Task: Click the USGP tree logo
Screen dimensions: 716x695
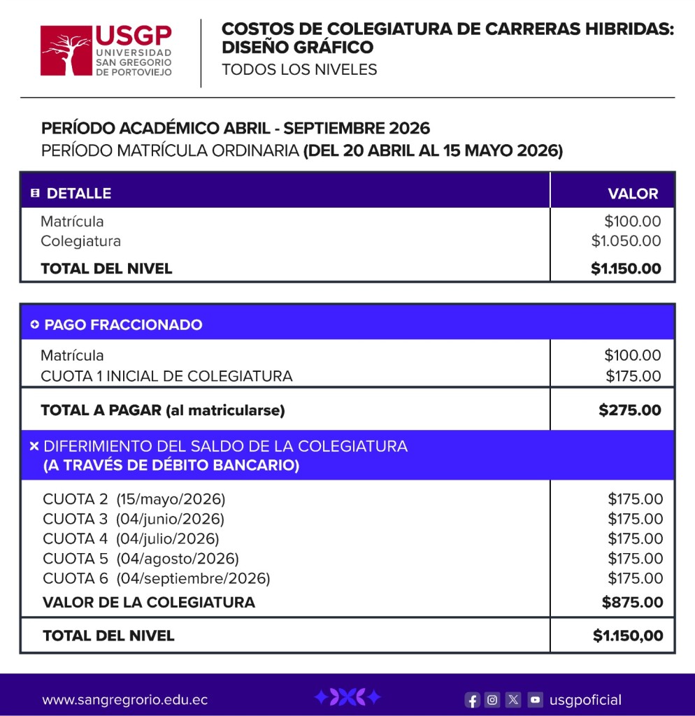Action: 66,51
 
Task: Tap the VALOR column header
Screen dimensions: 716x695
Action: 633,194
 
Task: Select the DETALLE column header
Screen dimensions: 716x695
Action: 78,194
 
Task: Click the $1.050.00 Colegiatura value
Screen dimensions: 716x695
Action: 626,241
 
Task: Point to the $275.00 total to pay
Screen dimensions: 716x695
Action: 629,410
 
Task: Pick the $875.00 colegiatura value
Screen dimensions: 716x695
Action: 632,602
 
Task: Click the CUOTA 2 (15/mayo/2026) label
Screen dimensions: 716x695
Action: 134,499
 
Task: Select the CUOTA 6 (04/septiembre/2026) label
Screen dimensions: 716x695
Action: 156,578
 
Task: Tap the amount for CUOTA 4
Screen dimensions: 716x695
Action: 635,538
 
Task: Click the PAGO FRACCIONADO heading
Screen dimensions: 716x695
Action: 123,324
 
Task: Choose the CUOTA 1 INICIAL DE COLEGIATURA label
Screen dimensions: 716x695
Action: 166,376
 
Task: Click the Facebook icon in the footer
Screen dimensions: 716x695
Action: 473,700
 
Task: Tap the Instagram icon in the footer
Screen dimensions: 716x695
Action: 493,700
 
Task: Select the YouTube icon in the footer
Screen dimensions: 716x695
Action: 535,700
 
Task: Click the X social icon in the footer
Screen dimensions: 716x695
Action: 514,700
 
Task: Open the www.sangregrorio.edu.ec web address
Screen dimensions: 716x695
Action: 124,700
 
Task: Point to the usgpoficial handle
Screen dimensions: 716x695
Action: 585,700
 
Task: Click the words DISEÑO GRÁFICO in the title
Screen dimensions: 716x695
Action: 297,48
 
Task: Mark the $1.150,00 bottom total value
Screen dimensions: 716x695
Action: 627,636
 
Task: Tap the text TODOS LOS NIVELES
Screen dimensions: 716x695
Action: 299,69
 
